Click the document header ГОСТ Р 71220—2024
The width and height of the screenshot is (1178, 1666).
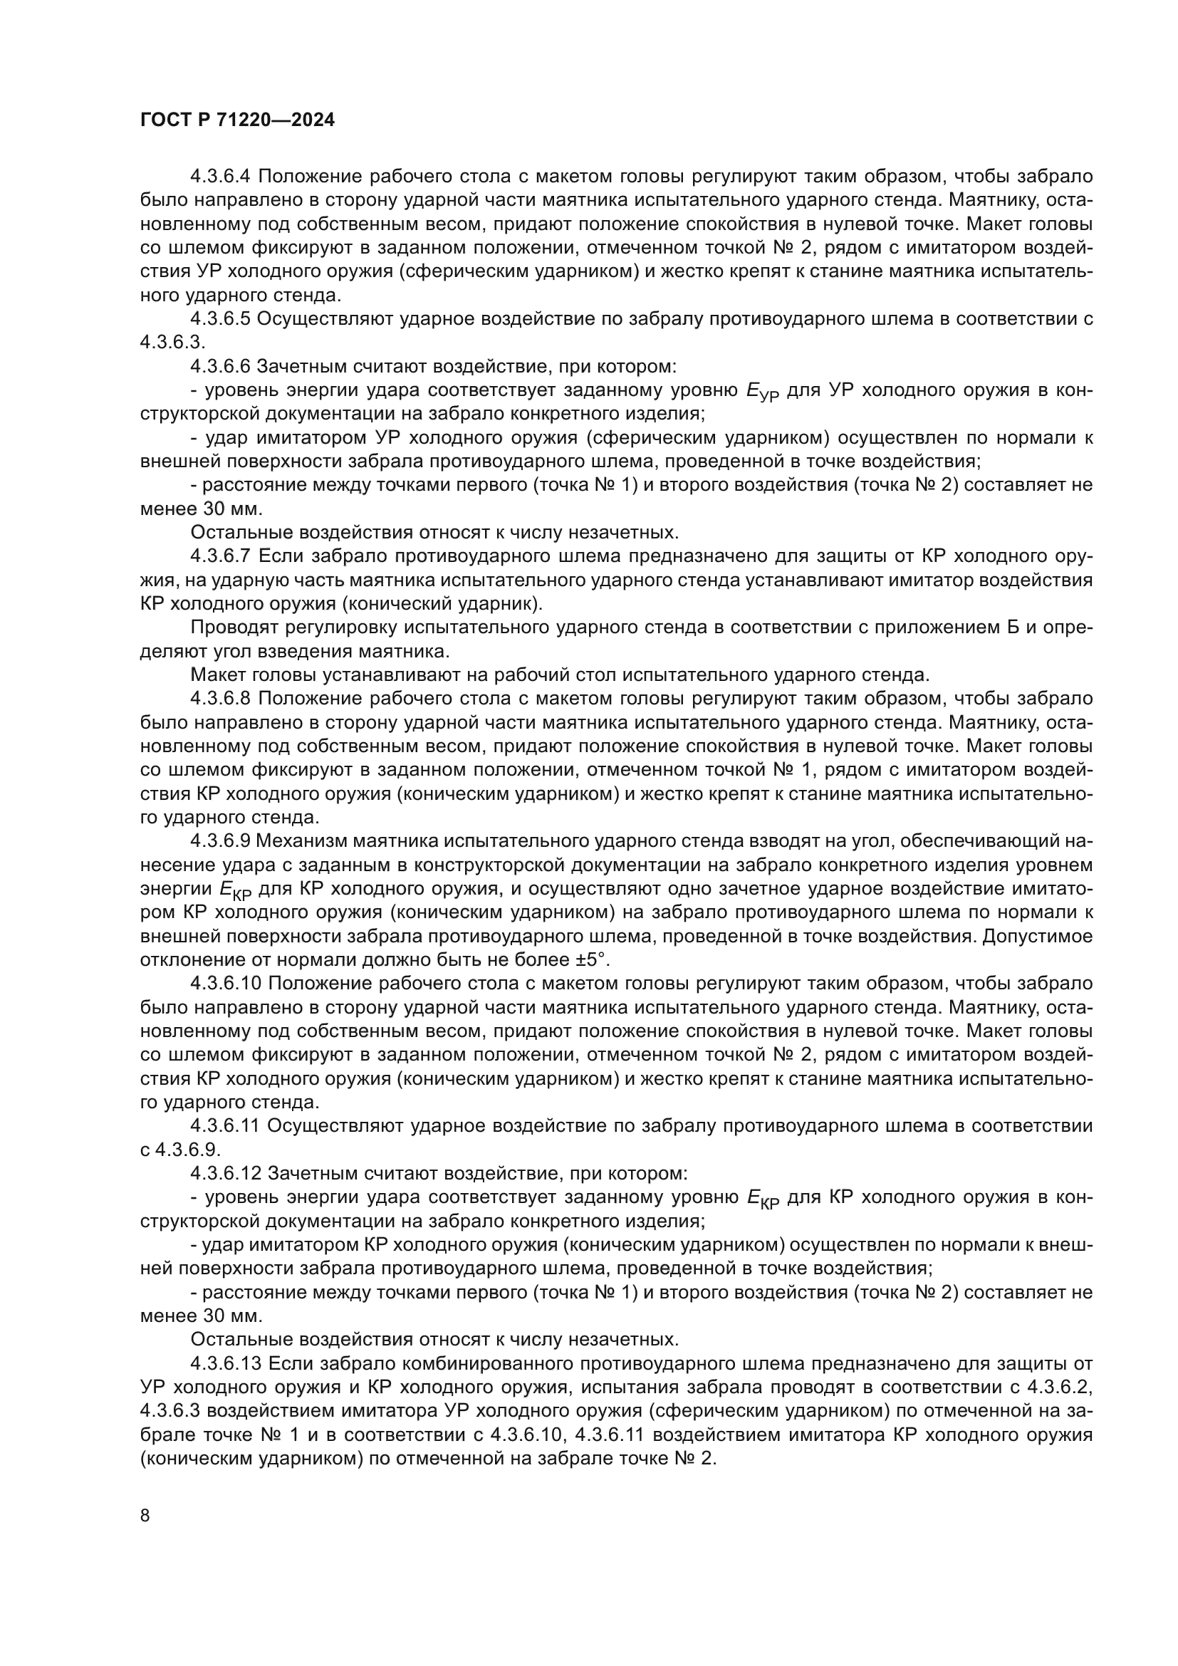237,120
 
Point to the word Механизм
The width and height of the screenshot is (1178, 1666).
297,841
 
